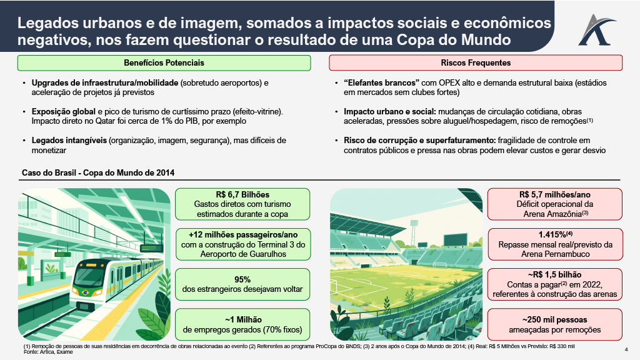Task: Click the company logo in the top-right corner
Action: [601, 29]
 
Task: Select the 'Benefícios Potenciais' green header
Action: [164, 63]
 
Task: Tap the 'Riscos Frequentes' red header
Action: [476, 63]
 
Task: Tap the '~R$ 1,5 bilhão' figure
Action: [554, 274]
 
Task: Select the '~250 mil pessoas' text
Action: [554, 319]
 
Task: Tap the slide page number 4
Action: [626, 349]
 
